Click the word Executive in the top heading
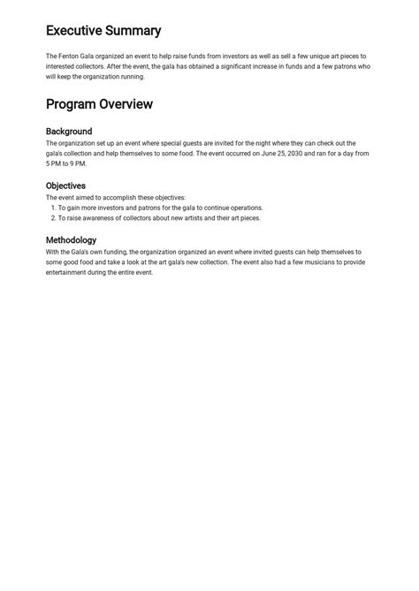pos(73,31)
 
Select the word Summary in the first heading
pos(133,31)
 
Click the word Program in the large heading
pos(71,104)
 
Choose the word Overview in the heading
pos(126,104)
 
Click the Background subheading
pos(69,132)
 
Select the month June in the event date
pos(270,154)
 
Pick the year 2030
pos(304,154)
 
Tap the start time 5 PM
pos(55,164)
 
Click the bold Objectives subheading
pos(65,186)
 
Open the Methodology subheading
pos(71,239)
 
